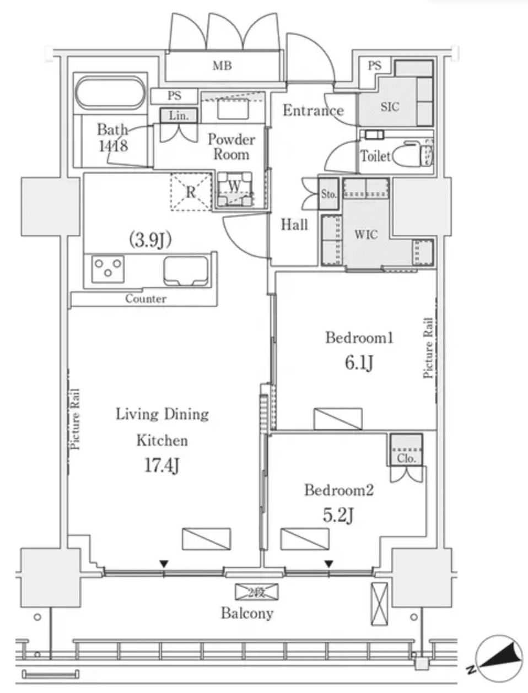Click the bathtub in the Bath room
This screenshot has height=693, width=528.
(110, 93)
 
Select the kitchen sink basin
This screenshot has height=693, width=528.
(186, 270)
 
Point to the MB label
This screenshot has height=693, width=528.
(222, 66)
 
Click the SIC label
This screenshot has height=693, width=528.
(390, 107)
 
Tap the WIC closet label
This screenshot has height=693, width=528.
(366, 235)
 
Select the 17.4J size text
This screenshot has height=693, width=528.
(162, 467)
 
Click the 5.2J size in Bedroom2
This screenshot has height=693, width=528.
(338, 515)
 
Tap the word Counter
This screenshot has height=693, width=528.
(146, 299)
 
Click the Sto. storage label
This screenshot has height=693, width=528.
(329, 194)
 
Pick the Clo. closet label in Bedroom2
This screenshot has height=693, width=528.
(406, 458)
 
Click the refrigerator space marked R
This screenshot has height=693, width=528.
(191, 192)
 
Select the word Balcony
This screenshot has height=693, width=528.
(247, 613)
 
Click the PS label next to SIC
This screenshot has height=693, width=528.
(374, 66)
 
